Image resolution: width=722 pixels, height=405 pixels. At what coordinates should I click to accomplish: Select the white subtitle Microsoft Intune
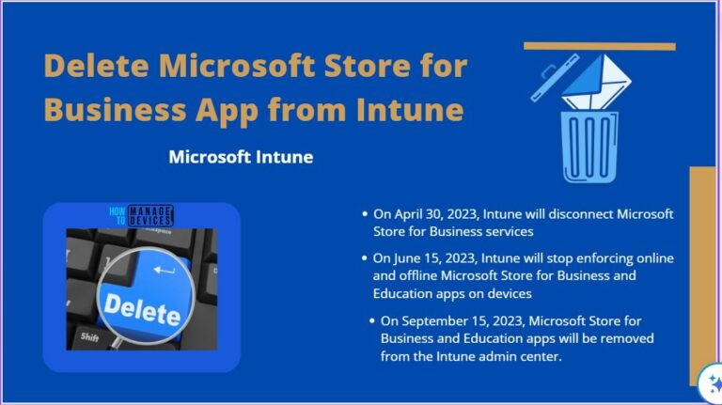tap(241, 157)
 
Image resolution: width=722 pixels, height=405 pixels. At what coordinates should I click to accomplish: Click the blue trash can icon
tap(589, 147)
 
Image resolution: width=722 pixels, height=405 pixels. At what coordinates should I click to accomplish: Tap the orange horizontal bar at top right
tap(599, 46)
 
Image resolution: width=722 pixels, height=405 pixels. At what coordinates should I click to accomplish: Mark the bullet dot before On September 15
tap(373, 320)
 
